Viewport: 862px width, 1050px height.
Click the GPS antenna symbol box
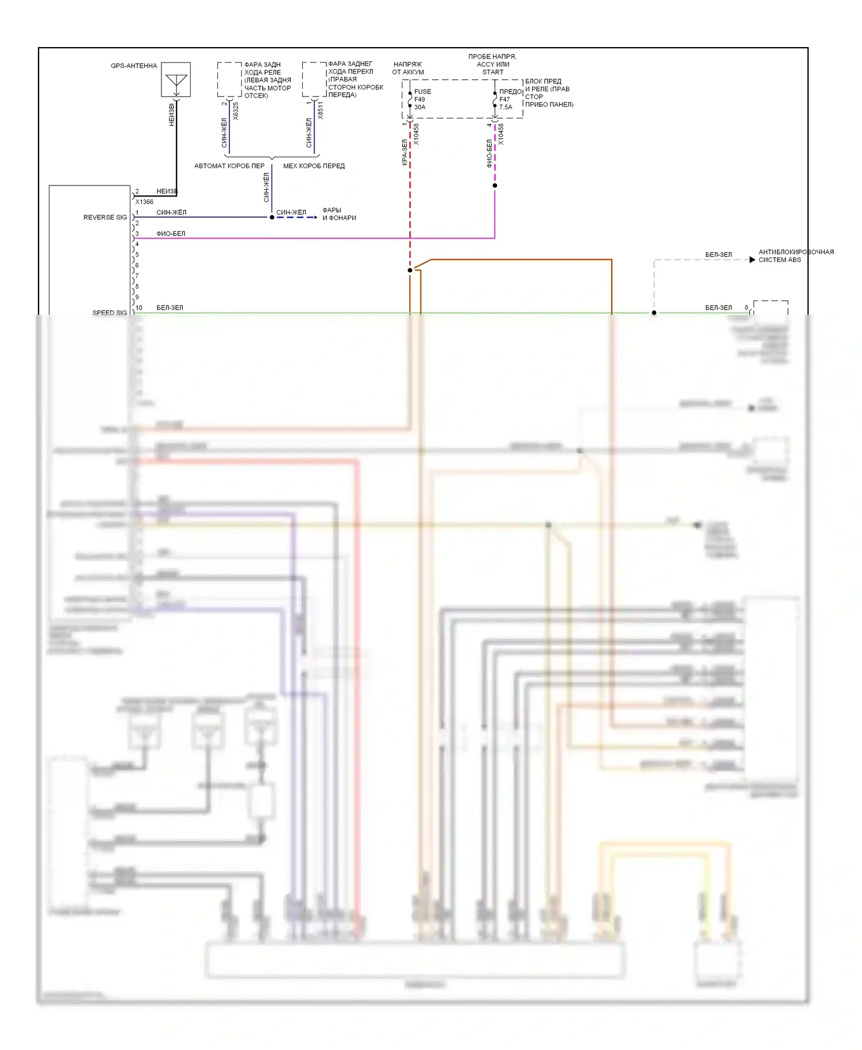point(176,80)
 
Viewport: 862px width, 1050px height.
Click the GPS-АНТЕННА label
point(134,66)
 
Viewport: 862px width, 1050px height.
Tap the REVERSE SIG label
point(105,218)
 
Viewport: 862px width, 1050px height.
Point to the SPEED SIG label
point(110,313)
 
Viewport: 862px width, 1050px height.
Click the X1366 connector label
point(144,202)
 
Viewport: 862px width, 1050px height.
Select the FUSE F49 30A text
point(422,99)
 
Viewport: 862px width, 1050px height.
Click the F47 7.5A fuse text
point(505,103)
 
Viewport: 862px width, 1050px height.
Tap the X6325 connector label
point(236,111)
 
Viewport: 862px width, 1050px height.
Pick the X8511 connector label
point(320,110)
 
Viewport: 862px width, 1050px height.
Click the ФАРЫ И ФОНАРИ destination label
point(339,214)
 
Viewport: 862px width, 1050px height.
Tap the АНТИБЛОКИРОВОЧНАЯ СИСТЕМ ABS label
point(796,256)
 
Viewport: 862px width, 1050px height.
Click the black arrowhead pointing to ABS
point(752,260)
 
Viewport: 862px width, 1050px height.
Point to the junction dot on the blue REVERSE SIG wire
point(272,218)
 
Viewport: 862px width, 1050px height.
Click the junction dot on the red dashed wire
point(410,271)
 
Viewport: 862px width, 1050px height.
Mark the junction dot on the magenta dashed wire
point(495,186)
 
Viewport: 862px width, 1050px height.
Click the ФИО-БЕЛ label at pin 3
point(171,234)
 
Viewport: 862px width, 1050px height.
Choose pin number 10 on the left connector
point(138,308)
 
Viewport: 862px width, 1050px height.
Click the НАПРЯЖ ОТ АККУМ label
point(408,68)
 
